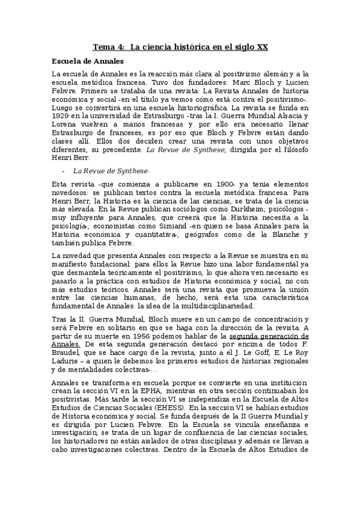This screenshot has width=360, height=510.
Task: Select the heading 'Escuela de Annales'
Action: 88,61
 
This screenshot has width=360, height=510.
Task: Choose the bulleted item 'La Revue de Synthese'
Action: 111,171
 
